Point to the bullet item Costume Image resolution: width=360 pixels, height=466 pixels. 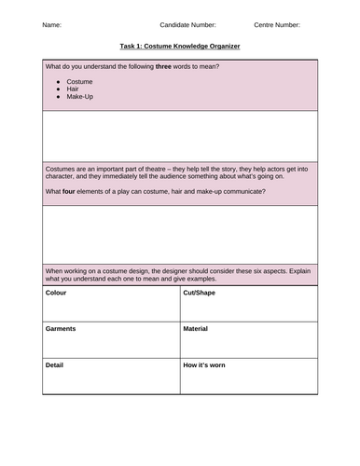coord(80,82)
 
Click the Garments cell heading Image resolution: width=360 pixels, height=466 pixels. coord(61,329)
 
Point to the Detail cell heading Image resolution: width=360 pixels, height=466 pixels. coord(55,364)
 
